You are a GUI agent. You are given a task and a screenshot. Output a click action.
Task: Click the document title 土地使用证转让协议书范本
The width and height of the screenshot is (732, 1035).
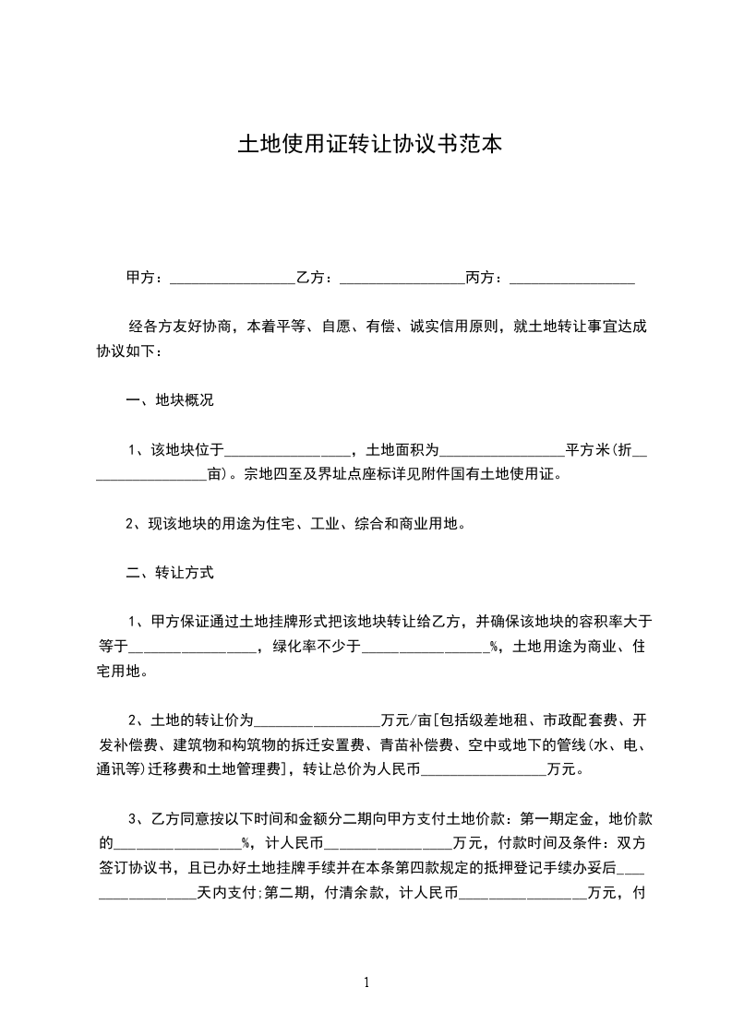tap(369, 144)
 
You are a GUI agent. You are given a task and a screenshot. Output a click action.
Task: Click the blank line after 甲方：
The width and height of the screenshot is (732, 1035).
tap(233, 278)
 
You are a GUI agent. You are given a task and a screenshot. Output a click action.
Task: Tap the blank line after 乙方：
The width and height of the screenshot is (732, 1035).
tap(402, 278)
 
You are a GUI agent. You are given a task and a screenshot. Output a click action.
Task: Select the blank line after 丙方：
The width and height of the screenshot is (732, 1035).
tap(572, 278)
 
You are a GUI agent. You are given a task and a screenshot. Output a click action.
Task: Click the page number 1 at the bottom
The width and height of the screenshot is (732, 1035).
tap(366, 982)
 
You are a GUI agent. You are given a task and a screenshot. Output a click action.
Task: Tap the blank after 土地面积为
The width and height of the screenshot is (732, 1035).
tap(502, 452)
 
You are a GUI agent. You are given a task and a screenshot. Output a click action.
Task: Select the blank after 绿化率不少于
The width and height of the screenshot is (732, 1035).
tap(426, 648)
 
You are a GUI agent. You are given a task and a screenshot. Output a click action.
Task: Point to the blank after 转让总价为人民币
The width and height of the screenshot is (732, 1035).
tap(484, 769)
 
